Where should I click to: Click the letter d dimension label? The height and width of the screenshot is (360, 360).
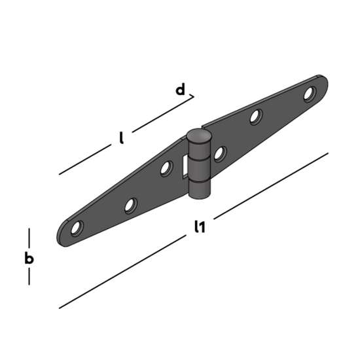click(180, 90)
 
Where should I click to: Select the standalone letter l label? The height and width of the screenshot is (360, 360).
click(122, 137)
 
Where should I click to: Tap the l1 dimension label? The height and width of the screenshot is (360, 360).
click(200, 226)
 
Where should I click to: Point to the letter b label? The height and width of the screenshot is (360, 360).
click(29, 258)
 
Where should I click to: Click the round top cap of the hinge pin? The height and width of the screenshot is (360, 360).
click(199, 135)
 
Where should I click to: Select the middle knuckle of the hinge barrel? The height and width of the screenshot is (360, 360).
click(199, 170)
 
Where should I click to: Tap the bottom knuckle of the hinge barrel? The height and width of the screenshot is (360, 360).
click(199, 190)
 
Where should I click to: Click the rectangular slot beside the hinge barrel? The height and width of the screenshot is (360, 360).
click(185, 166)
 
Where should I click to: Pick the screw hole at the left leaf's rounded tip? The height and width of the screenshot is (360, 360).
click(77, 228)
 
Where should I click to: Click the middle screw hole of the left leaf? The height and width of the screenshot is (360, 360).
click(131, 206)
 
